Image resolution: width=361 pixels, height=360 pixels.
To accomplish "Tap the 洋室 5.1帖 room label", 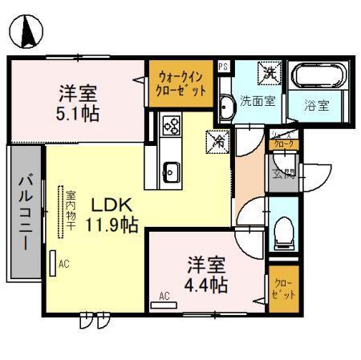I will pos(78,102).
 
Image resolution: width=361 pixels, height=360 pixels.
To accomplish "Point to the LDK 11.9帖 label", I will pos(112,214).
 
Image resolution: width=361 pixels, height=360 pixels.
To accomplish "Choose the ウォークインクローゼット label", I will pos(181,83).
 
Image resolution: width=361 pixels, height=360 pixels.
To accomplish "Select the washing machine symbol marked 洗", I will pos(268,72).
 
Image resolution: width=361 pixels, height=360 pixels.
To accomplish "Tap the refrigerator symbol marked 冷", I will pos(217,140).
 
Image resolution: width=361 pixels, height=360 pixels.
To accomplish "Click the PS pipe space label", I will pos(223,67).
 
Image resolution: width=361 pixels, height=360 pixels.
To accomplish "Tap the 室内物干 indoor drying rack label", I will pos(71,211).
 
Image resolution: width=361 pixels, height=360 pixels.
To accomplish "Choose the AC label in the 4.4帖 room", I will pos(164,296).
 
